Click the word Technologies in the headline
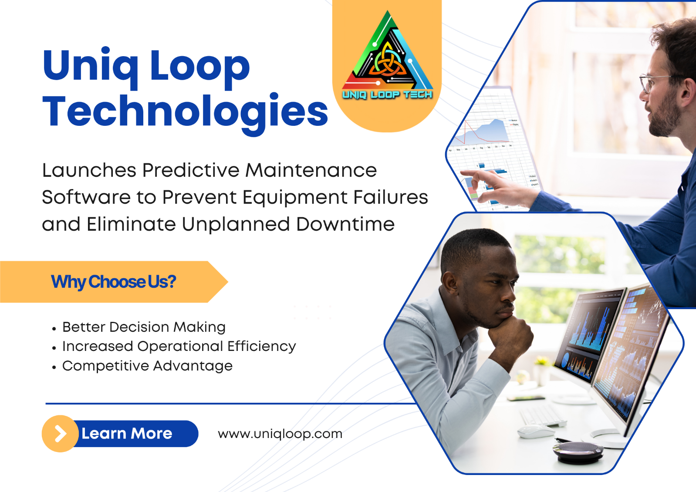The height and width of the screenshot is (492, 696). click(185, 112)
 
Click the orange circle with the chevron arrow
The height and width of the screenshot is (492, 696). click(60, 434)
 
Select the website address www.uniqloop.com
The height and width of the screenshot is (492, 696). click(280, 434)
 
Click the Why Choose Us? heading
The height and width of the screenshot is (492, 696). click(113, 282)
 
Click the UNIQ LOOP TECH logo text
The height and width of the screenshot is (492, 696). click(387, 94)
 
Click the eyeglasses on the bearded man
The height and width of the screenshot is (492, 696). click(655, 83)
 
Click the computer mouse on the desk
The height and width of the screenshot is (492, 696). click(536, 431)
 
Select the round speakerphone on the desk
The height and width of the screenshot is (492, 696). click(578, 452)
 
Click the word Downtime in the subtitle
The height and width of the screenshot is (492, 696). click(345, 224)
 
